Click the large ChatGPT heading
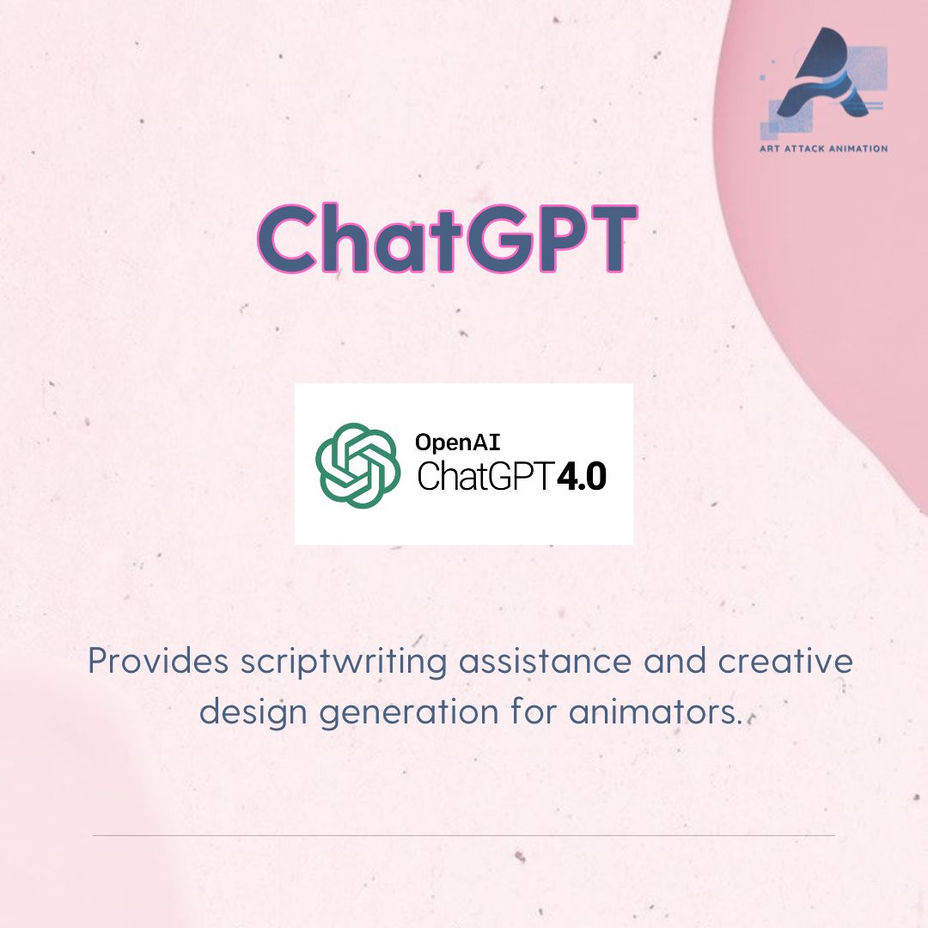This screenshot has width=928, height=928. click(x=447, y=237)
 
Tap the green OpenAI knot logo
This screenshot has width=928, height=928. click(x=357, y=465)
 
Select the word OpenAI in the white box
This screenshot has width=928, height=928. click(x=458, y=443)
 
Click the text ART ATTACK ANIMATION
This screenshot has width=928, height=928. click(x=823, y=149)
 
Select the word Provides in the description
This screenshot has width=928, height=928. click(x=157, y=662)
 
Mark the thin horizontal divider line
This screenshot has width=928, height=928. click(x=464, y=835)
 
